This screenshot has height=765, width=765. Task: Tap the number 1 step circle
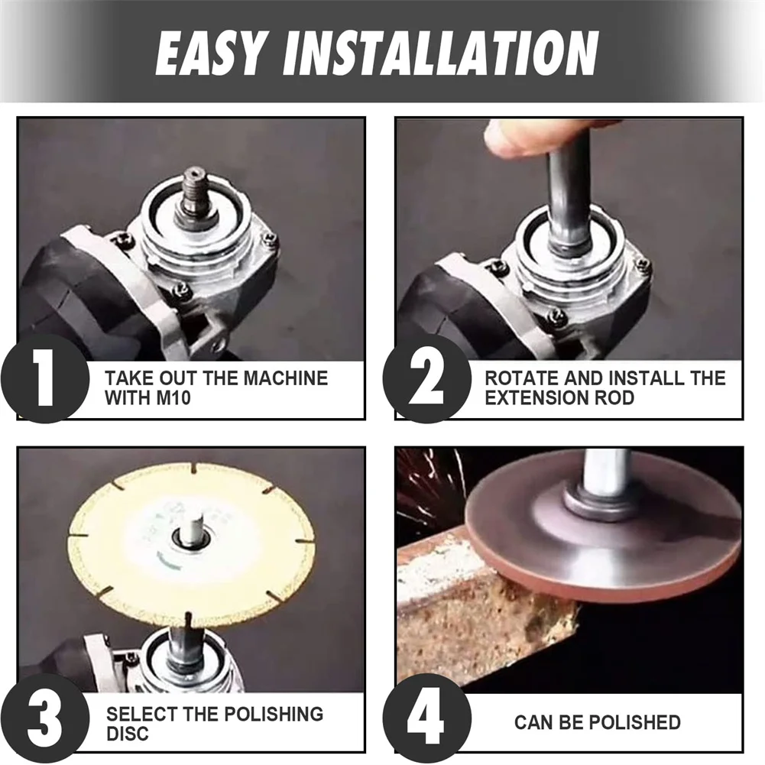pyautogui.click(x=45, y=378)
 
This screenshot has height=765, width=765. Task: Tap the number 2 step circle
pyautogui.click(x=427, y=378)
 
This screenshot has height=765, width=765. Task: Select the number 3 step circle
pyautogui.click(x=45, y=718)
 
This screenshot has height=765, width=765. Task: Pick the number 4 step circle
pyautogui.click(x=427, y=718)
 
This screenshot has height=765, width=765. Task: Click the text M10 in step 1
pyautogui.click(x=173, y=398)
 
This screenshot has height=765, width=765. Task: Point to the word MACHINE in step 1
pyautogui.click(x=285, y=378)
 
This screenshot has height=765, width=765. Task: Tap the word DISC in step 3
pyautogui.click(x=128, y=734)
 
